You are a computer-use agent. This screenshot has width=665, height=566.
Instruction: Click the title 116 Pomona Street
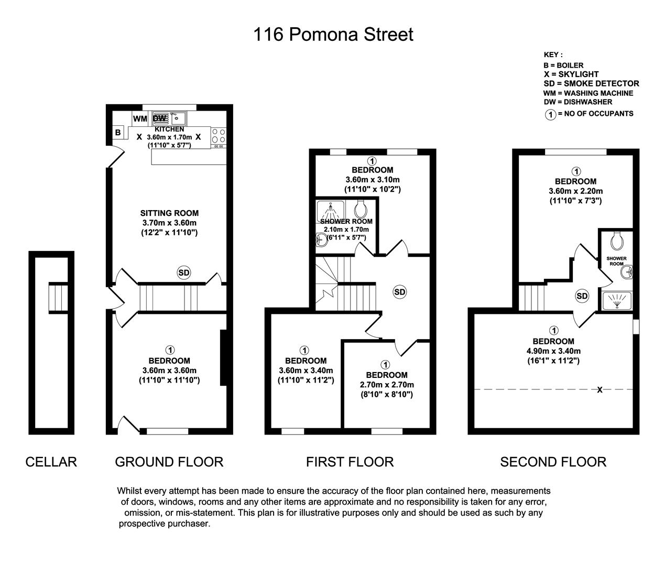point(333,35)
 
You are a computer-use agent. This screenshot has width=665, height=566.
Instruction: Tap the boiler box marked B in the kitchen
point(118,133)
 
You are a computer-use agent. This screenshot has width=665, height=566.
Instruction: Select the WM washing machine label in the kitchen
point(140,118)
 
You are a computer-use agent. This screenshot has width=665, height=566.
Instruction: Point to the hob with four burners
point(219,136)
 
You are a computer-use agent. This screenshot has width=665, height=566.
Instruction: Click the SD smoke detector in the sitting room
point(184,273)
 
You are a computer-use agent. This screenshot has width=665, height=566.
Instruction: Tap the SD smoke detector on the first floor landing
point(400,292)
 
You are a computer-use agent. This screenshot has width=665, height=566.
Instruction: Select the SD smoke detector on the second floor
point(582,296)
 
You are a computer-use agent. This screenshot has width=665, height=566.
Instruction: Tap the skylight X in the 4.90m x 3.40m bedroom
point(599,390)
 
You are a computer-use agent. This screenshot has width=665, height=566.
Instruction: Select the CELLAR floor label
point(51,462)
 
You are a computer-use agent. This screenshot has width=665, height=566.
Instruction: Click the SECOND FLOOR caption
point(553,462)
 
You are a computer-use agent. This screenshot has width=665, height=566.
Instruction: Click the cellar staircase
point(58,297)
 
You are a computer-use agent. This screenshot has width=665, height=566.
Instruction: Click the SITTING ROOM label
point(169,213)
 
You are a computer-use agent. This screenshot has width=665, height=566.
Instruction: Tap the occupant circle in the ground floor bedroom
point(169,350)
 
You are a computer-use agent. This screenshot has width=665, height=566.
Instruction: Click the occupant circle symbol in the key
point(550,114)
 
